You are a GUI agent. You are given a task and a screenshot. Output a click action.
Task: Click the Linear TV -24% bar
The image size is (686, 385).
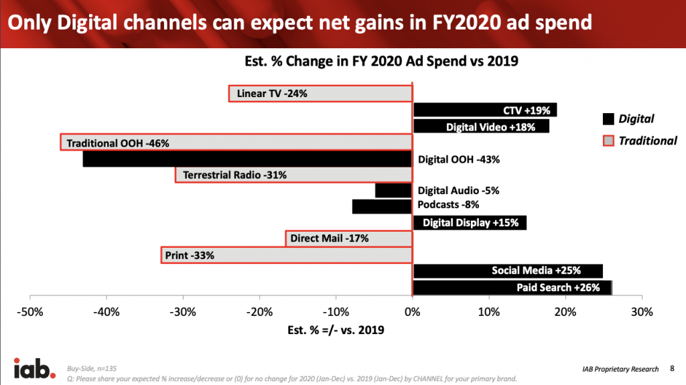pos(320,94)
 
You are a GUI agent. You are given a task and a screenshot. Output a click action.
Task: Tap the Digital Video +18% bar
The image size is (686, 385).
pos(481,127)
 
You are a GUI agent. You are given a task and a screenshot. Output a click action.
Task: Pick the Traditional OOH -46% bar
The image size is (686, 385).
pos(236,143)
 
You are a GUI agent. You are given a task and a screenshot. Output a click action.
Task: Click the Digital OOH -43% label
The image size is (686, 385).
pos(459,159)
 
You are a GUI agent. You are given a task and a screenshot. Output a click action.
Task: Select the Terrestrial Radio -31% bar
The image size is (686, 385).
pos(293,175)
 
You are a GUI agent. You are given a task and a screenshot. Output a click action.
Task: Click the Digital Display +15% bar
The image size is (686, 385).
pos(470,222)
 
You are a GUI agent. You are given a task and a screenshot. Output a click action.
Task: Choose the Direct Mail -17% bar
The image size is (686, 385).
pos(348,238)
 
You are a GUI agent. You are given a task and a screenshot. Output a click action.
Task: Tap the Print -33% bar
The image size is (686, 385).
pos(286,255)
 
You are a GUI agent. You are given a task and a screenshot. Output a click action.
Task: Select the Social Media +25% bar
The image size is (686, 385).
pos(508,271)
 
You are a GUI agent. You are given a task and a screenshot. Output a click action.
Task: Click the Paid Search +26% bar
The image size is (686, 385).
pos(512,288)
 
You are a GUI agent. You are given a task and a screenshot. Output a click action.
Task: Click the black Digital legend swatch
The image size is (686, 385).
pos(608,119)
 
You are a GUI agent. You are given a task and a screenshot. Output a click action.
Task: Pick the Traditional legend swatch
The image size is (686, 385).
pos(608,141)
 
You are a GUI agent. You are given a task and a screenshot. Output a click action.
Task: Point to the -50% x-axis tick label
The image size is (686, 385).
pos(29,311)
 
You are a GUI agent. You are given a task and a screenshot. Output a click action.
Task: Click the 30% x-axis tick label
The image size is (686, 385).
pos(641,311)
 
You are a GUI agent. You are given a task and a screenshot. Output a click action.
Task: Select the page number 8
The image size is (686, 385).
pos(672,368)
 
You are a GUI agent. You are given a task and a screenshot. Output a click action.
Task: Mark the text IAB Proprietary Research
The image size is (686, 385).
pos(621,368)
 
